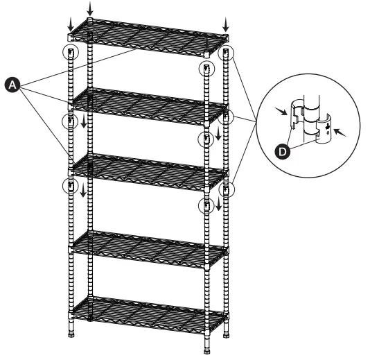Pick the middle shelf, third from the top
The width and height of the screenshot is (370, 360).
coord(149,166)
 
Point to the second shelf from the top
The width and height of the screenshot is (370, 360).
coord(149,102)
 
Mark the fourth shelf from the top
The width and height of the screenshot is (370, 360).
coord(149,243)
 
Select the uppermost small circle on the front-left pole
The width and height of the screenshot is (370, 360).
coord(69,53)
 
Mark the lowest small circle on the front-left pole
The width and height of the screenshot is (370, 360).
coord(69,185)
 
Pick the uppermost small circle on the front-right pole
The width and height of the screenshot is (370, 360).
coord(204,68)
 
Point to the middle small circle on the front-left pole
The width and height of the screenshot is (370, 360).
coord(69,122)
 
